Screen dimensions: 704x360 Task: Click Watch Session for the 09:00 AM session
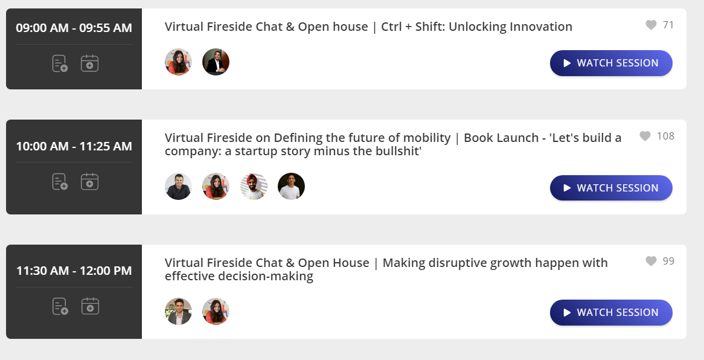tap(611, 63)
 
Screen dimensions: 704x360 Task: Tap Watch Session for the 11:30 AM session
tap(611, 312)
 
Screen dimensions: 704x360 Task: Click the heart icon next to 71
tap(651, 25)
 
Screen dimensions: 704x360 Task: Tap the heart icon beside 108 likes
tap(645, 136)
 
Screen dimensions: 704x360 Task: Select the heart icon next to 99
tap(651, 261)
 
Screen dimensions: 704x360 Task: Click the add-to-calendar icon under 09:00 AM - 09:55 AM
tap(90, 63)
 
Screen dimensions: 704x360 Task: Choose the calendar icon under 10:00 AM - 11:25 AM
tap(90, 182)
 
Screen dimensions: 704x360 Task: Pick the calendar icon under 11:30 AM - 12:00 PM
tap(90, 306)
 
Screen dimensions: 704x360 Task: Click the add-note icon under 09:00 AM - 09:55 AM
tap(60, 63)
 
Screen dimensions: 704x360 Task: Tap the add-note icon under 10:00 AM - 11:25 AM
tap(60, 182)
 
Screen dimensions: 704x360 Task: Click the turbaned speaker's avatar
tap(254, 187)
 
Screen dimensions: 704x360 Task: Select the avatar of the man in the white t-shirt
tap(292, 187)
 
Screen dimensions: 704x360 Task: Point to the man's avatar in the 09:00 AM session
tap(216, 62)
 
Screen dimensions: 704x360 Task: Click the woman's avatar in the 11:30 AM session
tap(216, 312)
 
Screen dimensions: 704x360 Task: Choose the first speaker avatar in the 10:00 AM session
tap(178, 187)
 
